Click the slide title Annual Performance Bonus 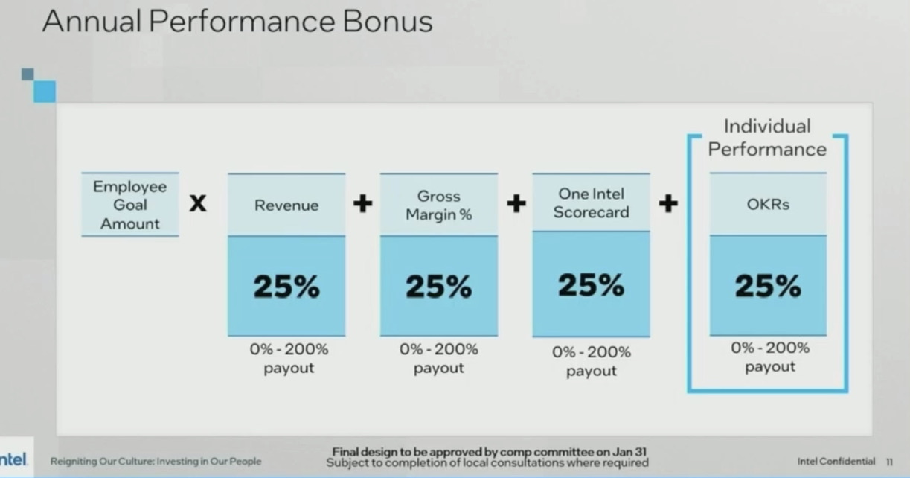(237, 21)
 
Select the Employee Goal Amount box (130, 205)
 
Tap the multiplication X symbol (198, 203)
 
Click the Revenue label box (286, 205)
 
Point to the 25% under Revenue (286, 287)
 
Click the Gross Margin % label (439, 205)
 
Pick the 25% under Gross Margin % (439, 287)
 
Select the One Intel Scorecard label (591, 203)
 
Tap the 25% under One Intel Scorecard (591, 285)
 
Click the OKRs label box (768, 204)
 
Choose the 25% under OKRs (768, 286)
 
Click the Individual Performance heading (767, 138)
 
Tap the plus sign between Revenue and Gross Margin (363, 203)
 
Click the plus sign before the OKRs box (668, 203)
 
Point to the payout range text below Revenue (289, 358)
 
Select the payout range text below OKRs (770, 357)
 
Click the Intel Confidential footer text (836, 462)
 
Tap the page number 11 (890, 462)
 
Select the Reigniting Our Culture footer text (156, 462)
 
